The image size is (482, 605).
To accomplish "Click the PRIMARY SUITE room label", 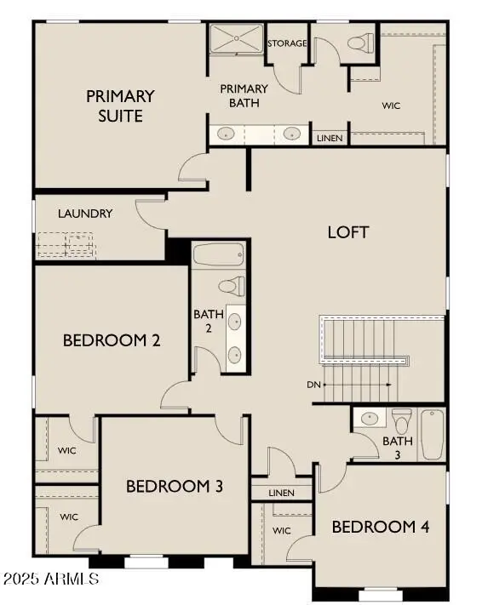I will (x=120, y=106).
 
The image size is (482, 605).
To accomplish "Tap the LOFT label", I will (x=348, y=231).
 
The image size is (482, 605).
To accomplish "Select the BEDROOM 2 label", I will (x=112, y=340).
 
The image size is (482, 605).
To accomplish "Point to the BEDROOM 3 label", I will (x=175, y=486).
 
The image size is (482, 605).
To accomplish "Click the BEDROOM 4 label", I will (x=381, y=527).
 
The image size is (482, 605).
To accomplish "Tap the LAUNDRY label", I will (x=85, y=214).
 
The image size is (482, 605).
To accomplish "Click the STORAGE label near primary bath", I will (x=287, y=43).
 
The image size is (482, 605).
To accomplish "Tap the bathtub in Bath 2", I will (x=219, y=254).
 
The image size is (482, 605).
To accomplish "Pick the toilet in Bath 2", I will (x=232, y=287).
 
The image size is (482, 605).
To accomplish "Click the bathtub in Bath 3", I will (x=432, y=434).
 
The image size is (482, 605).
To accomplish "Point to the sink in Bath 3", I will (x=370, y=419).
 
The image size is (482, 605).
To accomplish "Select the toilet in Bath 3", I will (x=401, y=419).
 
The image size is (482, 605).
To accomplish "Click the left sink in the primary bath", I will (x=227, y=134).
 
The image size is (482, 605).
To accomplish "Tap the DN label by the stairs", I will (x=314, y=384).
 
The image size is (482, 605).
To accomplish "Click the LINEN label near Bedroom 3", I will (x=280, y=493).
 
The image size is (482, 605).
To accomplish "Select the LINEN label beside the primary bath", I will (x=330, y=137).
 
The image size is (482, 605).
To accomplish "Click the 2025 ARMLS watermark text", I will (x=50, y=579).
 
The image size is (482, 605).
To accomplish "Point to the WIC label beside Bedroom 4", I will (x=282, y=530).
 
